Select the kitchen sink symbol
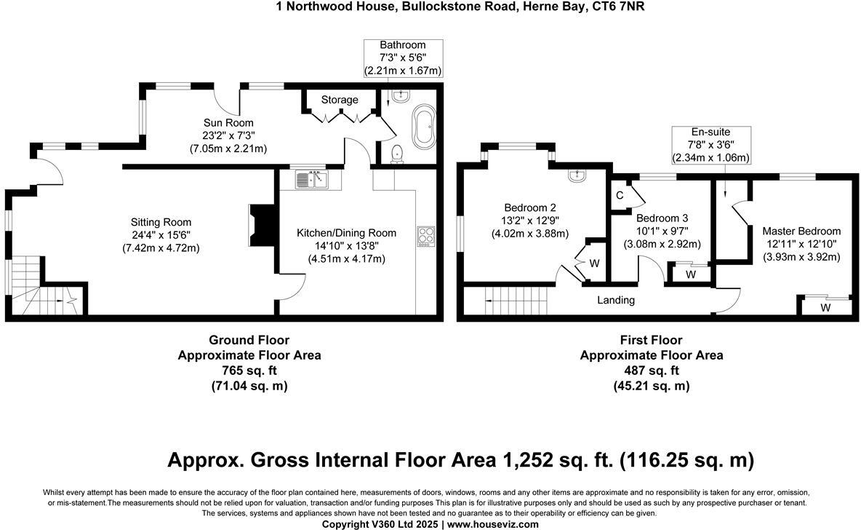pos(313,178)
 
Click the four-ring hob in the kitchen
pos(425,237)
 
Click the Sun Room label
pos(228,122)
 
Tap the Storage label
pos(340,100)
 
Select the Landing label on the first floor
pos(616,300)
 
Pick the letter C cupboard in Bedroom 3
pos(620,195)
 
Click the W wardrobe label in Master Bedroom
pos(825,308)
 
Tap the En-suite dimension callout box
pos(710,144)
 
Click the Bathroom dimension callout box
pos(402,58)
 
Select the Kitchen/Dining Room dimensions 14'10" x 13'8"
pos(346,246)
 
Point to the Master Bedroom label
pos(801,231)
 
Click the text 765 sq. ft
pos(249,371)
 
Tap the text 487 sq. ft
pos(651,371)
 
